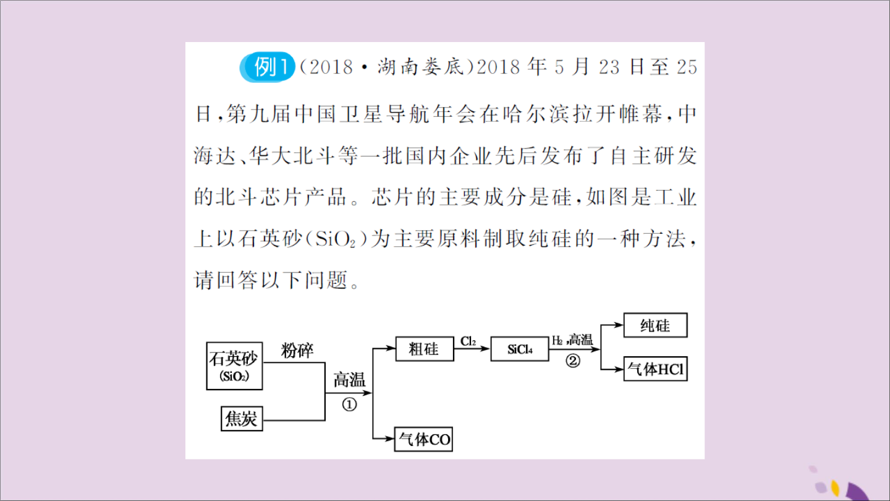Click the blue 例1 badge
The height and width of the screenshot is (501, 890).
pos(267,67)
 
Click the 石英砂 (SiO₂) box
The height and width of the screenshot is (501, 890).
pos(234,366)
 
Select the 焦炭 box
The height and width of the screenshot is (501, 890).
pos(242,419)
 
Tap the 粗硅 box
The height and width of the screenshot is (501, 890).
pos(425,349)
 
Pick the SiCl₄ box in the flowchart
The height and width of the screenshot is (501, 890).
pos(520,349)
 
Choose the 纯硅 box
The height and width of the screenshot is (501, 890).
pos(655,325)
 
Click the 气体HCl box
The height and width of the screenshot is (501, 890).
pos(655,369)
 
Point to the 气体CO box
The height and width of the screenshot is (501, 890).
pos(423,439)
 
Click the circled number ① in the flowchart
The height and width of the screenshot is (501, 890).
pos(349,405)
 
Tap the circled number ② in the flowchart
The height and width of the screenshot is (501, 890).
pos(572,361)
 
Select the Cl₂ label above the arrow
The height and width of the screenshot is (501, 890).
pos(468,341)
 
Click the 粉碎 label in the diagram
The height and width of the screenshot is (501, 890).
pos(297,350)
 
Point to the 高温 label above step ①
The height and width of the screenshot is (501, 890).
pos(349,380)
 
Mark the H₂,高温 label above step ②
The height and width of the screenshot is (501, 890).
pos(572,340)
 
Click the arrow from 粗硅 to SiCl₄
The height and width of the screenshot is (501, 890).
pos(472,349)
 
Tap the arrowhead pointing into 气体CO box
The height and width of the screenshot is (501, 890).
pos(389,439)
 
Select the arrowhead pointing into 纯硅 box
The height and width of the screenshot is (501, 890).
pos(619,325)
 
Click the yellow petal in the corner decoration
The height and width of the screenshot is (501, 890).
pos(835,487)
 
